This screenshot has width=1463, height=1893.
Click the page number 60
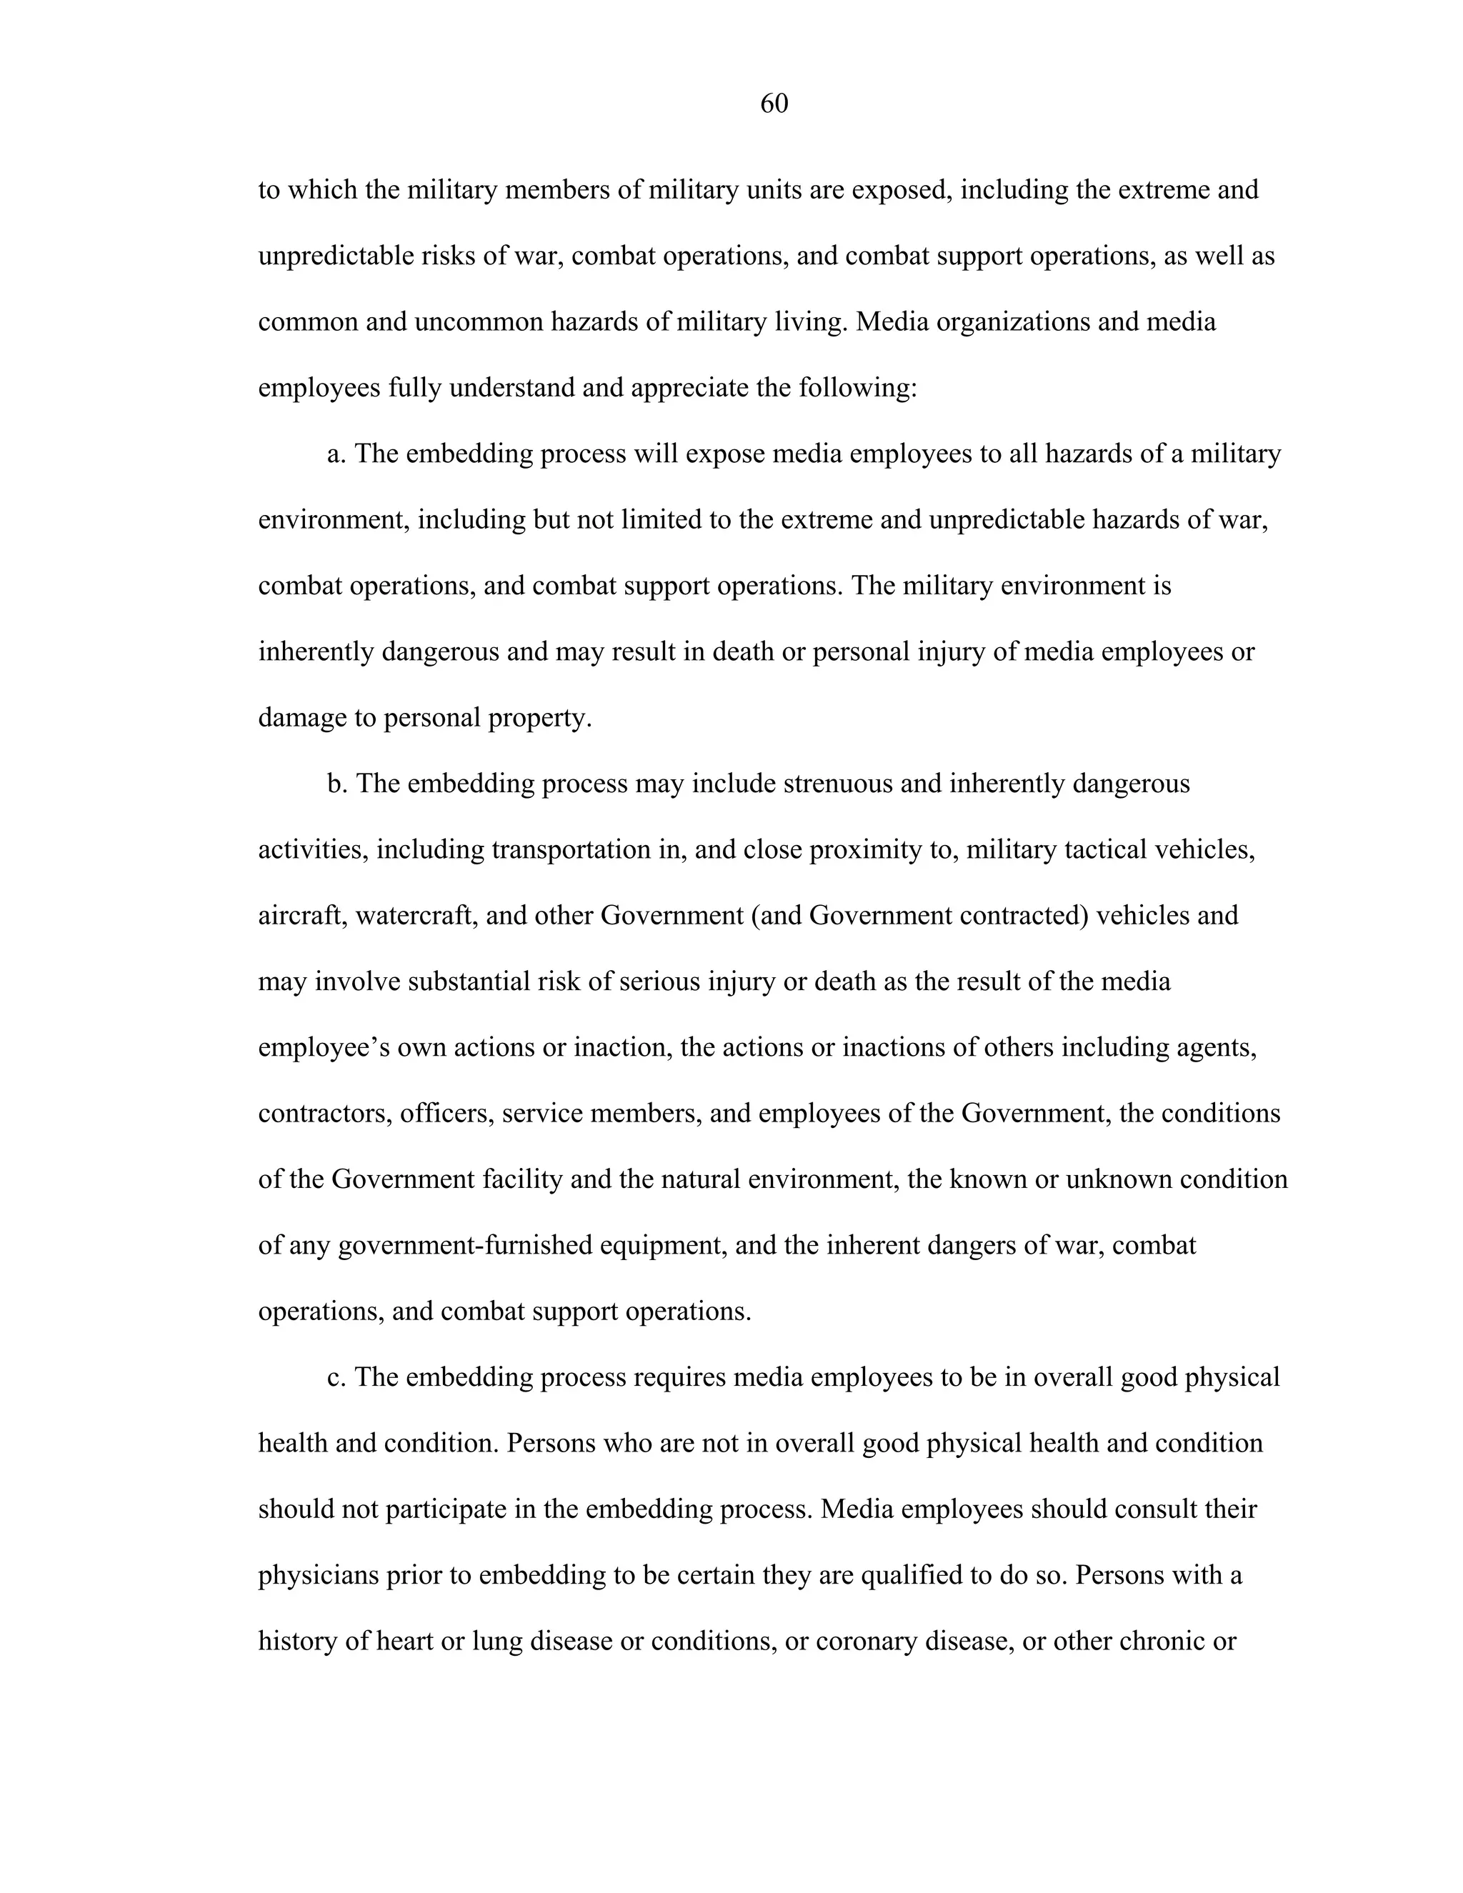[x=773, y=104]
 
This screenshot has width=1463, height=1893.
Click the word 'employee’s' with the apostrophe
[x=324, y=1048]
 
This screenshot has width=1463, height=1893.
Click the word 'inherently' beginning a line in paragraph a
[x=316, y=651]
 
